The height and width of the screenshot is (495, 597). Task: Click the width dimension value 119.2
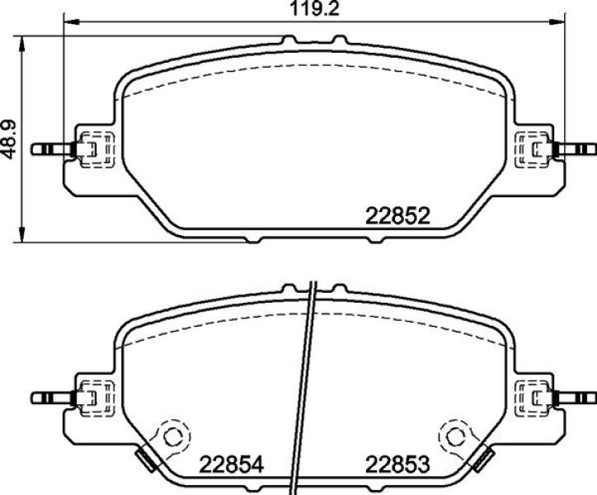point(314,8)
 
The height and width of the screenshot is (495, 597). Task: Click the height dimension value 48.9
point(9,139)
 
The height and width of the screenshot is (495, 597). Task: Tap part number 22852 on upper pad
point(397,216)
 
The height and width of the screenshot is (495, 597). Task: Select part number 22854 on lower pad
point(232,464)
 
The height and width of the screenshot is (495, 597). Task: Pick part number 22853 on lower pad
point(397,464)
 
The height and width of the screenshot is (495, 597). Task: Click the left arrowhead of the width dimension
point(71,22)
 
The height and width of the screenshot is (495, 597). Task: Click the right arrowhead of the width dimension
point(557,22)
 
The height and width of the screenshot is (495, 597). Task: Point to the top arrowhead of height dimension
point(22,45)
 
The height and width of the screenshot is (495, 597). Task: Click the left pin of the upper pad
point(51,149)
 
